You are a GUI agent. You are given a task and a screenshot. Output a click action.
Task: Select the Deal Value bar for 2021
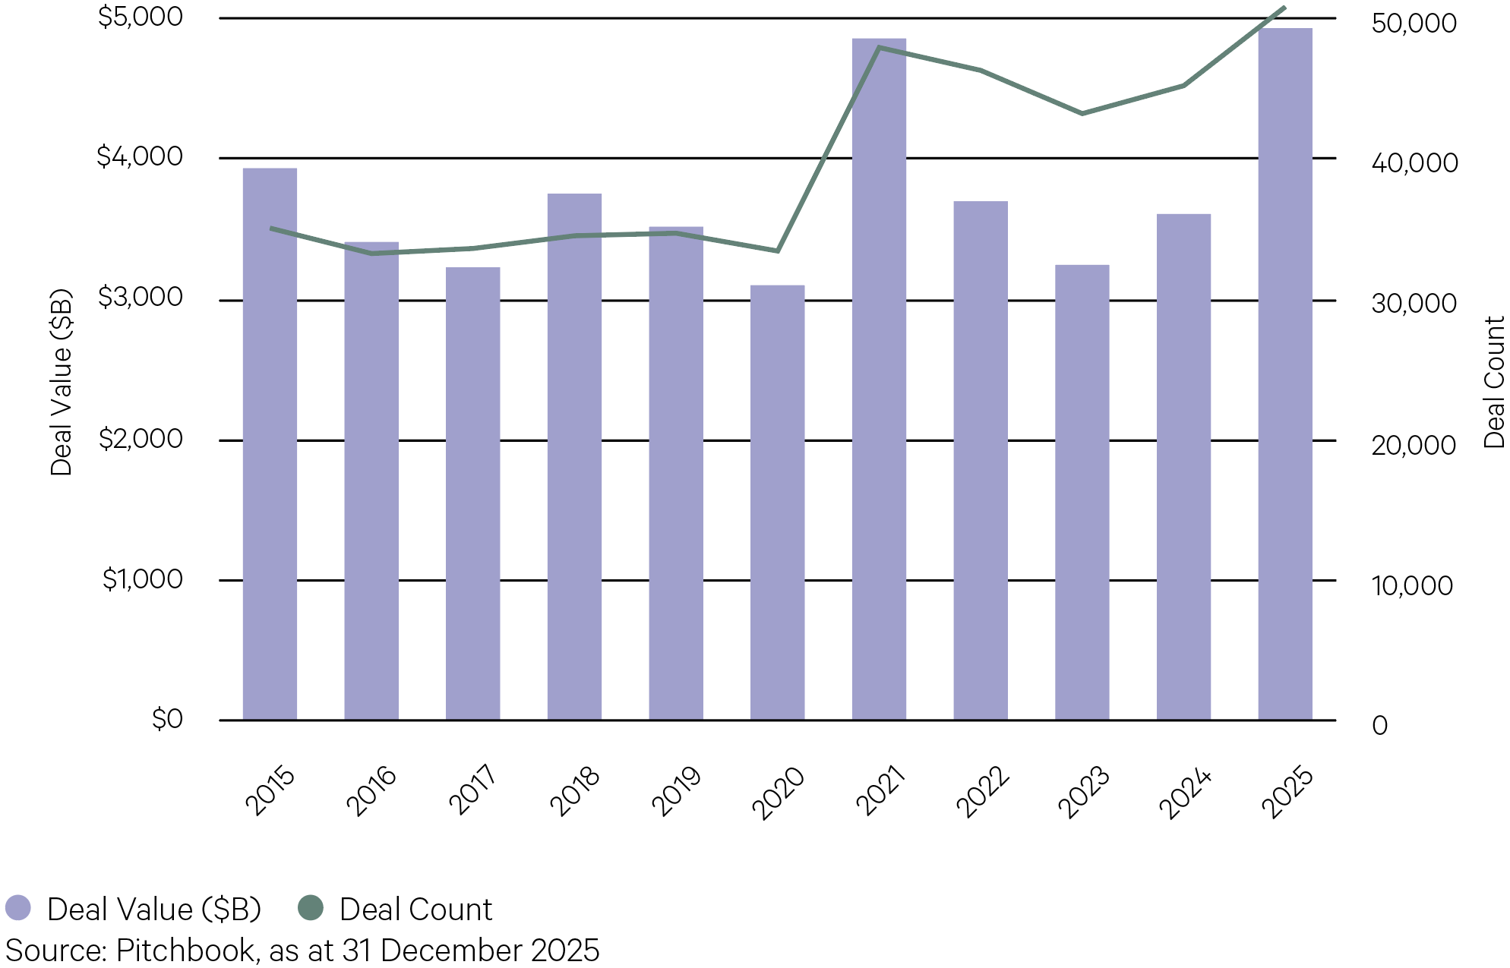pos(879,380)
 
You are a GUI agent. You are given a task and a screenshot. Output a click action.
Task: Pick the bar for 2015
pos(270,444)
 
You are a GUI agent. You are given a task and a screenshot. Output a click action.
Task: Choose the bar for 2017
pos(472,493)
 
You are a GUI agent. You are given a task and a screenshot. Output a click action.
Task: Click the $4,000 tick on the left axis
pos(140,156)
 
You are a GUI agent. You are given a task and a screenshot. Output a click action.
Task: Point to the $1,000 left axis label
pos(143,579)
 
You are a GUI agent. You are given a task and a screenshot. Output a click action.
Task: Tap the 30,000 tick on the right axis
pos(1414,304)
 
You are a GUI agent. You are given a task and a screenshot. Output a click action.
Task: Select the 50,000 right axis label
pos(1414,23)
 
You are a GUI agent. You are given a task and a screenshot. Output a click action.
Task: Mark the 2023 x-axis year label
pos(1083,792)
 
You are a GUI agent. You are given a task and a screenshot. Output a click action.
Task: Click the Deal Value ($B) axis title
pos(61,382)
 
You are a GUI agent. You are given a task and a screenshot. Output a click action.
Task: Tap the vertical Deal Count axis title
pos(1494,382)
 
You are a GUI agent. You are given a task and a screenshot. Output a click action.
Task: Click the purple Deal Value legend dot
pos(18,907)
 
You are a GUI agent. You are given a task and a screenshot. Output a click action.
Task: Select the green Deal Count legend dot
pos(310,907)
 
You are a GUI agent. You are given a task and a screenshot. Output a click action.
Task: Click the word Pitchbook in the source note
pos(185,951)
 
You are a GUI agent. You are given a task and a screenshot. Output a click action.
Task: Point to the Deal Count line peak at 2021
pos(879,48)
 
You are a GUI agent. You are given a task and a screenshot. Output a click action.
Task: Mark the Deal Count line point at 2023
pos(1082,114)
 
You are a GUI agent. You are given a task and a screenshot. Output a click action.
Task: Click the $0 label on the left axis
pos(168,718)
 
